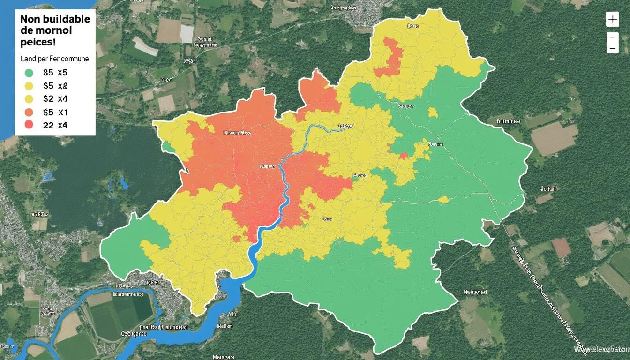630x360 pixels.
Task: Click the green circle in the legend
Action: tap(29, 73)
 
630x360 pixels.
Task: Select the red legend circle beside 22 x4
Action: tap(29, 124)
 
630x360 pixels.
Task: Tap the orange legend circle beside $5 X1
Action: tap(29, 112)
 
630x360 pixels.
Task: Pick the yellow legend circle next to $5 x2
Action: tap(29, 86)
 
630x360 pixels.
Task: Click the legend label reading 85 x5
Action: tap(55, 73)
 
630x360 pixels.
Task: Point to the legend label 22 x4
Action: tap(55, 125)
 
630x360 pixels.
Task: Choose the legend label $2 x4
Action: tap(55, 99)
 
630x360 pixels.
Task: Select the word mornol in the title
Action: tap(52, 31)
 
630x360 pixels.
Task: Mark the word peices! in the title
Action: tap(38, 42)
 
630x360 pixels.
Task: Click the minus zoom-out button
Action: tap(612, 42)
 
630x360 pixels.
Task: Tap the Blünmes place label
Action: tap(508, 121)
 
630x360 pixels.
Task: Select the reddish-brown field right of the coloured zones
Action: tap(561, 247)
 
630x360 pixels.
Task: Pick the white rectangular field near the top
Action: tap(187, 33)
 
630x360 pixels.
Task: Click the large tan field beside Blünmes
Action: tap(554, 139)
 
